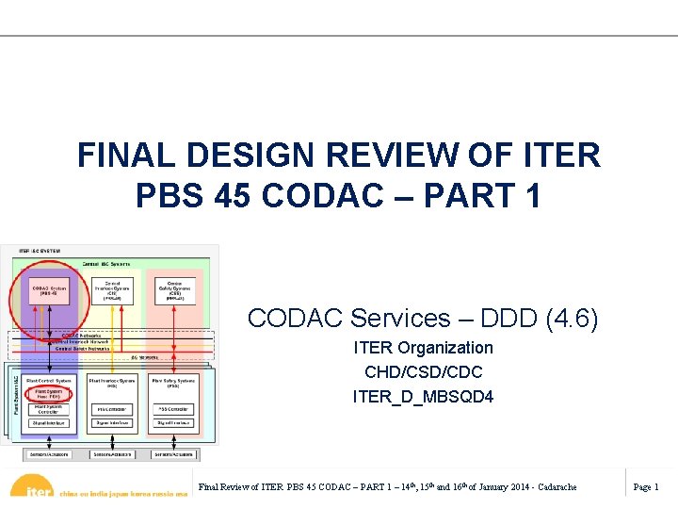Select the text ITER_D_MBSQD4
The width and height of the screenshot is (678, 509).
pyautogui.click(x=423, y=397)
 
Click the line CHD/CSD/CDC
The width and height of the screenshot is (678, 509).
pyautogui.click(x=423, y=372)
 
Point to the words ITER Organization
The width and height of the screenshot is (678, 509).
pyautogui.click(x=423, y=348)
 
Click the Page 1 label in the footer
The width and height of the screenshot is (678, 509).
pyautogui.click(x=646, y=486)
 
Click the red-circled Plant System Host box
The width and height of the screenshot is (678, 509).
pyautogui.click(x=50, y=393)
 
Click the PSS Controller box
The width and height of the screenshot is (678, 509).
pyautogui.click(x=173, y=409)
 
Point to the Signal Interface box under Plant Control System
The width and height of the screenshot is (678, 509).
pyautogui.click(x=50, y=423)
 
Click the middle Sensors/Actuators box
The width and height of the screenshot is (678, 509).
pyautogui.click(x=111, y=454)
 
